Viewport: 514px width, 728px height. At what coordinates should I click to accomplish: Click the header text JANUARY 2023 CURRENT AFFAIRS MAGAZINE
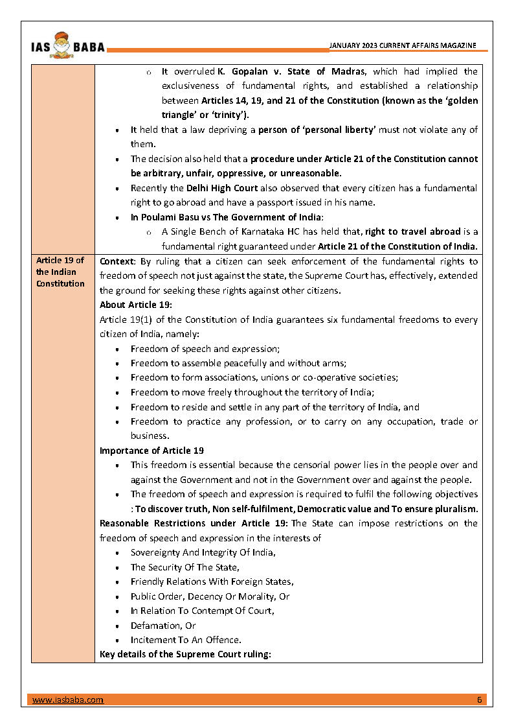[x=403, y=45]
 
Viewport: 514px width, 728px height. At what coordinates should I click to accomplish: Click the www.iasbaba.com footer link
[x=68, y=700]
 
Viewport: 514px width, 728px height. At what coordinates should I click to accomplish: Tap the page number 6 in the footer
[x=478, y=700]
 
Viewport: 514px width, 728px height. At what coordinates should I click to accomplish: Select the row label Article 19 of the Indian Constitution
[x=60, y=272]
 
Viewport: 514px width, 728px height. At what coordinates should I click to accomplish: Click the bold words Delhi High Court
[x=228, y=188]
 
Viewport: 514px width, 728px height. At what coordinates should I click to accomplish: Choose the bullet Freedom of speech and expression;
[x=205, y=349]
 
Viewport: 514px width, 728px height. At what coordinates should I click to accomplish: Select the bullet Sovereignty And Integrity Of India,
[x=203, y=552]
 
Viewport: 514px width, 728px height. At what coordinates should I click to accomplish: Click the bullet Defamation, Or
[x=163, y=626]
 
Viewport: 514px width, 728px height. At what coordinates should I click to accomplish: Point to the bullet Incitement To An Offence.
[x=186, y=640]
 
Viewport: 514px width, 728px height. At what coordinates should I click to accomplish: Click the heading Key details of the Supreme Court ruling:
[x=184, y=654]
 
